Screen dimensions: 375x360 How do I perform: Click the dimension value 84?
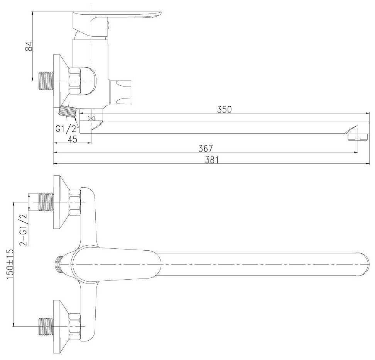tap(29, 46)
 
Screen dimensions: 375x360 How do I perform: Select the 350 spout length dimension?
tap(224, 109)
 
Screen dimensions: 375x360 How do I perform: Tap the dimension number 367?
tap(206, 148)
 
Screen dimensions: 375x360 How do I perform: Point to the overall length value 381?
tap(212, 160)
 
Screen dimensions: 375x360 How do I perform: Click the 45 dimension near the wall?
tap(73, 139)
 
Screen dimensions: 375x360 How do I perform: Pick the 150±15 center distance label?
tap(10, 264)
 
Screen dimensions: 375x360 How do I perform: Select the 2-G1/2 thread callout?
tap(24, 230)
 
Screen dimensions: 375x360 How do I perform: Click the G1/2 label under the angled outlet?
tap(66, 129)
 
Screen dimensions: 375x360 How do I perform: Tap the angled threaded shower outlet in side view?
tap(68, 111)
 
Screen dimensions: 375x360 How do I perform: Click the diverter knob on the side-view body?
tap(120, 93)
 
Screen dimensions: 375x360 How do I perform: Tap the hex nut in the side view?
tap(74, 81)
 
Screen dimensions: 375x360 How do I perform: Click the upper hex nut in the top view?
tap(74, 202)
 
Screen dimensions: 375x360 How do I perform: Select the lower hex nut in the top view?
tap(74, 326)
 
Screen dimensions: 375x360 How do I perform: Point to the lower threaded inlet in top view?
tap(46, 326)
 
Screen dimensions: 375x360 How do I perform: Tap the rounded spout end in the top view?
tap(362, 264)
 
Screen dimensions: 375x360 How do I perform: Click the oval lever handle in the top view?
tap(116, 264)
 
